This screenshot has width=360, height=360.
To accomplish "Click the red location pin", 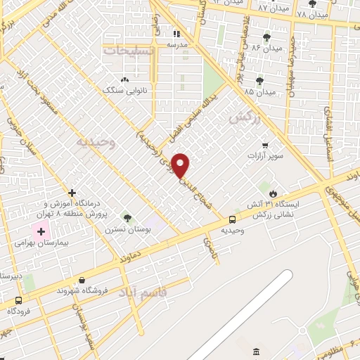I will click(x=181, y=165).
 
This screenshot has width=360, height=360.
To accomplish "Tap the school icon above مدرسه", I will click(x=176, y=33).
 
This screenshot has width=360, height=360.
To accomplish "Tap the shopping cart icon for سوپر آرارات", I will click(x=264, y=145).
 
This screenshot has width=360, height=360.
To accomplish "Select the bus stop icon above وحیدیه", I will click(x=233, y=219).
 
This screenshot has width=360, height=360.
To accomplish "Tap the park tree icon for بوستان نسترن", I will click(x=127, y=217).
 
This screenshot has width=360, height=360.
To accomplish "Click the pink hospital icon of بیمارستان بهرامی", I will click(x=41, y=231).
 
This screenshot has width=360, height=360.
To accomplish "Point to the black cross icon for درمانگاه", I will click(x=72, y=192).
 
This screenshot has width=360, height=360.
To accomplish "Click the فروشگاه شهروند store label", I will click(x=82, y=290).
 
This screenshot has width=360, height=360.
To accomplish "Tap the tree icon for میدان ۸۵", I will click(x=260, y=80).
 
